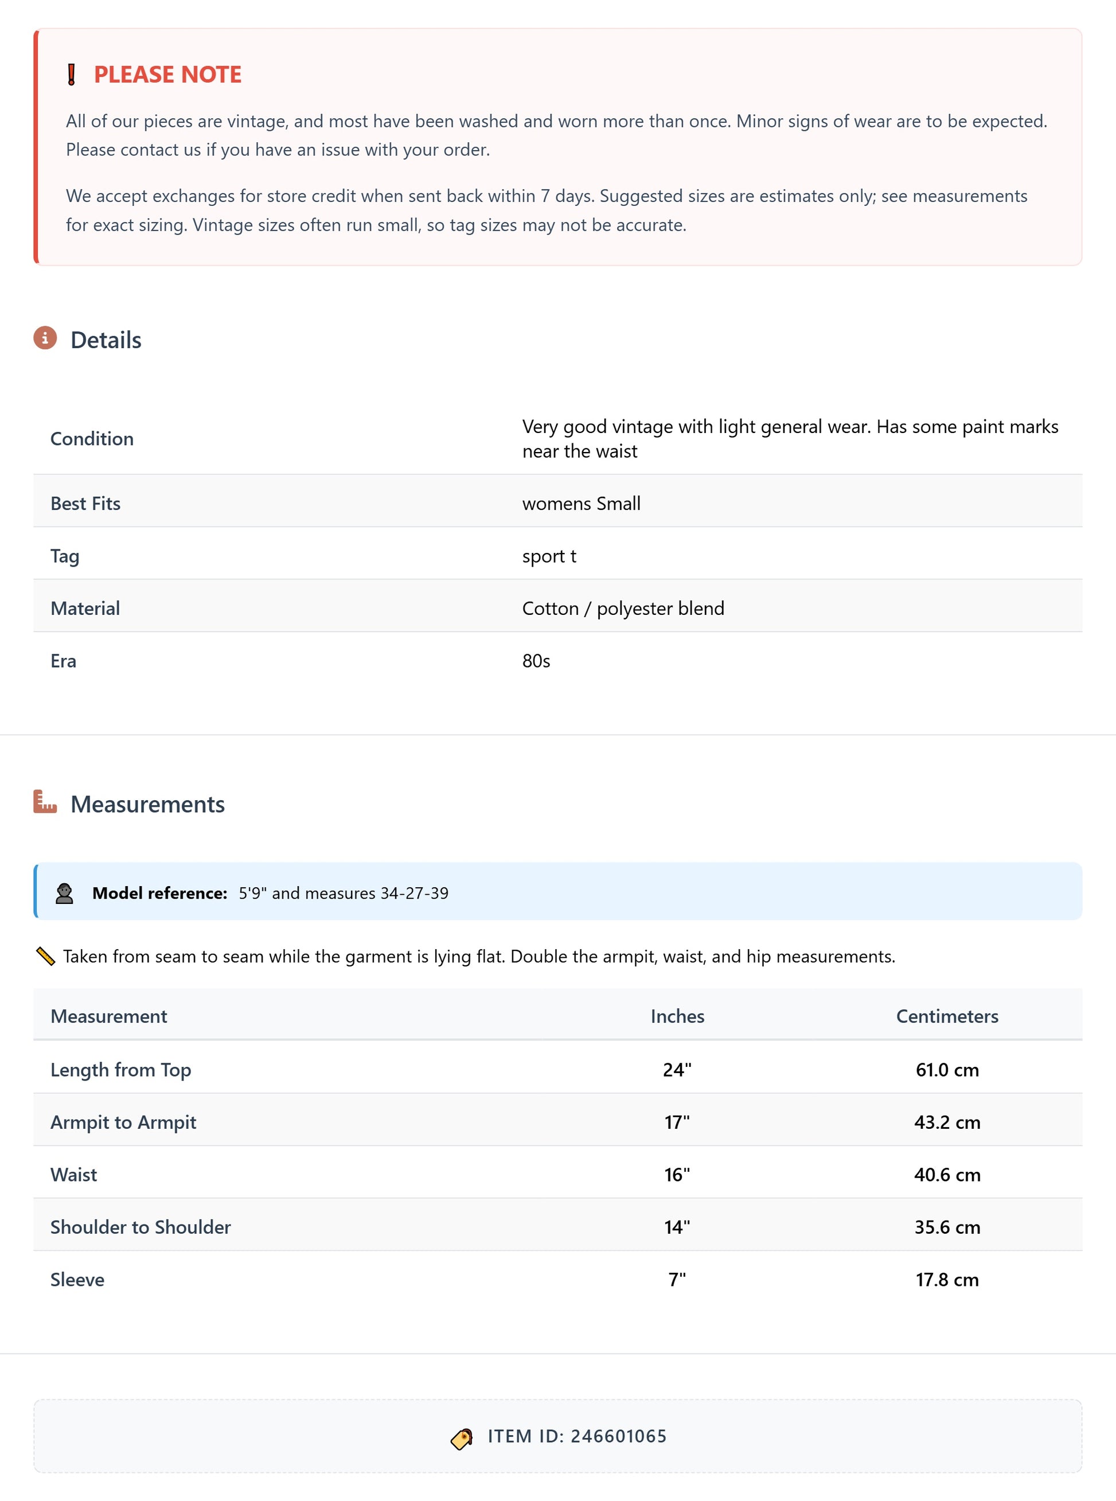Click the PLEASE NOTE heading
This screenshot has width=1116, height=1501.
[167, 75]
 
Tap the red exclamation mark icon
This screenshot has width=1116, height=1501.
[72, 75]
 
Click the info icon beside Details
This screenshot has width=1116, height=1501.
[45, 338]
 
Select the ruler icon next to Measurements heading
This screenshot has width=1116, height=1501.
[45, 802]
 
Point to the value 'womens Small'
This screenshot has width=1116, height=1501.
[581, 503]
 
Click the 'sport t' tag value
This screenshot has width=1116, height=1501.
[549, 556]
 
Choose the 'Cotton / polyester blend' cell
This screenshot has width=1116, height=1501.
[623, 608]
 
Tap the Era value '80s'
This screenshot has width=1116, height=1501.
[536, 661]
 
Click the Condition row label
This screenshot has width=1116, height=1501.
[92, 438]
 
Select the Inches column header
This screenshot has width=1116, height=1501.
[677, 1016]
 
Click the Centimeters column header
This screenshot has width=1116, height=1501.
[946, 1016]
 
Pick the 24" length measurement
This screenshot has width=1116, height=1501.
[677, 1069]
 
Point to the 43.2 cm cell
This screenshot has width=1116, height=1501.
[946, 1122]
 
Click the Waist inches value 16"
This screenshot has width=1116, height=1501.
[677, 1175]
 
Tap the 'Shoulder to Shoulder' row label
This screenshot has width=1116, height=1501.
[141, 1227]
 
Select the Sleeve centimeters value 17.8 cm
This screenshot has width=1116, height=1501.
[946, 1280]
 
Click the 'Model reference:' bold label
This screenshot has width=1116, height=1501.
[159, 893]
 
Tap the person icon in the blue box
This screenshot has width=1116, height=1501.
[64, 893]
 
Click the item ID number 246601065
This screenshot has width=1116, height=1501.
[618, 1436]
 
